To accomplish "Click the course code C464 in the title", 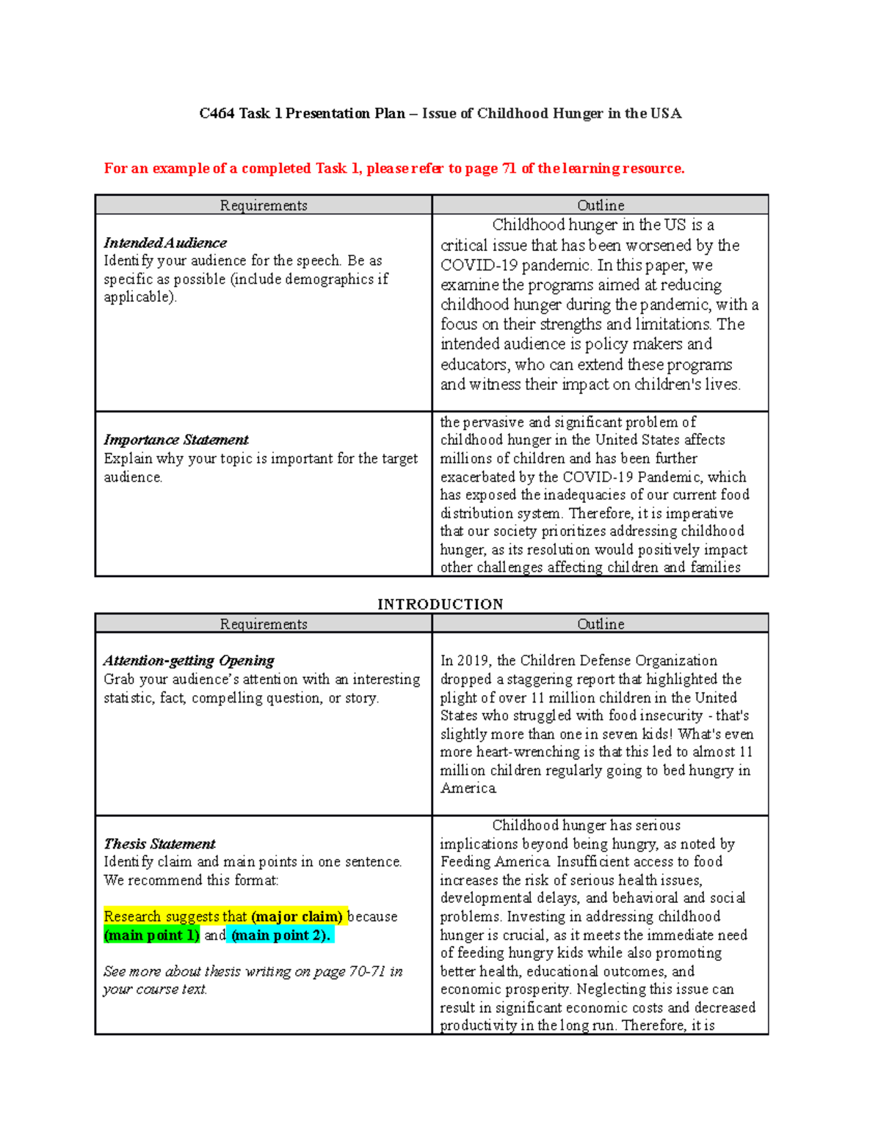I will coord(217,113).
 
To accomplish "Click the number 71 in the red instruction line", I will coord(509,168).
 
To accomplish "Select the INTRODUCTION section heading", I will coord(440,604).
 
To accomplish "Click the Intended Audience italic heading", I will coord(165,242).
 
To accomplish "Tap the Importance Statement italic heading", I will coord(176,440).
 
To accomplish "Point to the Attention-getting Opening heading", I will coord(189,661).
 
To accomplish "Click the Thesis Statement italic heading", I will coord(159,843).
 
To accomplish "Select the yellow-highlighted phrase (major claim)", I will coord(297,917).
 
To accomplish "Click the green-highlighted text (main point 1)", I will coord(151,935).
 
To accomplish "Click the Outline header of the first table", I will coord(601,206).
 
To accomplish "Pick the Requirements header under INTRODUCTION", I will coord(264,624).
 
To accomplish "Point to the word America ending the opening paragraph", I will coord(468,788).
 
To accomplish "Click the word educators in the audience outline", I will coord(474,364).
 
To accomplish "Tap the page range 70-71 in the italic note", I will coord(367,971).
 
